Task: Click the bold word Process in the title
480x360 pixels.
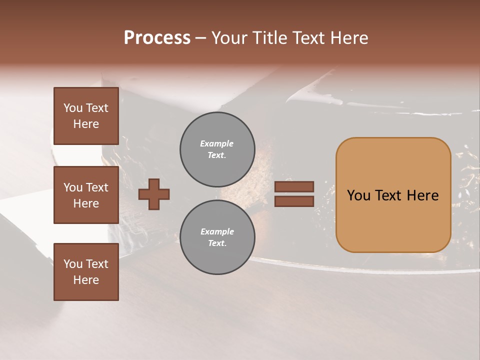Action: click(157, 38)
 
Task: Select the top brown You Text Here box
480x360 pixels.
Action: click(86, 116)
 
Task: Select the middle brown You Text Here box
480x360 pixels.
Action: click(86, 195)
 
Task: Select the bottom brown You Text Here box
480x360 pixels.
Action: click(86, 272)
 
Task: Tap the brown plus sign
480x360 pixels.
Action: click(154, 194)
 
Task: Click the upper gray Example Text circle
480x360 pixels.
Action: click(217, 149)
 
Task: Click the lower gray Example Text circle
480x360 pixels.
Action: click(217, 237)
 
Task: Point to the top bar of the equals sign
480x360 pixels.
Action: click(294, 187)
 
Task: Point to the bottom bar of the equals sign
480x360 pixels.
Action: click(294, 201)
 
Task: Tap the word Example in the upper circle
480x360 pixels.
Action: click(217, 144)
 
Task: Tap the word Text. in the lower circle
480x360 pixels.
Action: click(217, 243)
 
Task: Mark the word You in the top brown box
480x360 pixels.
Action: click(72, 108)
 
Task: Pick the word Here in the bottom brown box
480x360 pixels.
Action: click(86, 280)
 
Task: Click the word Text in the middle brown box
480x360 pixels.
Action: click(97, 187)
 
